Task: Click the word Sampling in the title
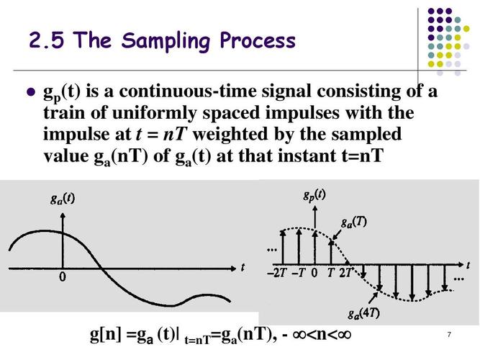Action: pyautogui.click(x=166, y=41)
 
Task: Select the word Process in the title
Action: pyautogui.click(x=258, y=40)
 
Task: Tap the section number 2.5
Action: pyautogui.click(x=47, y=40)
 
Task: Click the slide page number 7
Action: pyautogui.click(x=449, y=334)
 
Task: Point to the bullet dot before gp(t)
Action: pyautogui.click(x=31, y=91)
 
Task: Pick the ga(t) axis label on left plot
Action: pyautogui.click(x=63, y=199)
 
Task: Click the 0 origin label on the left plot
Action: pyautogui.click(x=63, y=277)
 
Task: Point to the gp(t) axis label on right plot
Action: pyautogui.click(x=314, y=195)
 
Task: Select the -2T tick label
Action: pyautogui.click(x=276, y=272)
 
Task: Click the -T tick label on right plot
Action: pyautogui.click(x=299, y=272)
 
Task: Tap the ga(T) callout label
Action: pyautogui.click(x=354, y=222)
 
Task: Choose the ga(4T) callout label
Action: pyautogui.click(x=364, y=313)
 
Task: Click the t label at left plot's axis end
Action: pyautogui.click(x=243, y=267)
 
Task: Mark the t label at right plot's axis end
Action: pyautogui.click(x=468, y=266)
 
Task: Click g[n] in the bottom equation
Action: pyautogui.click(x=106, y=335)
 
